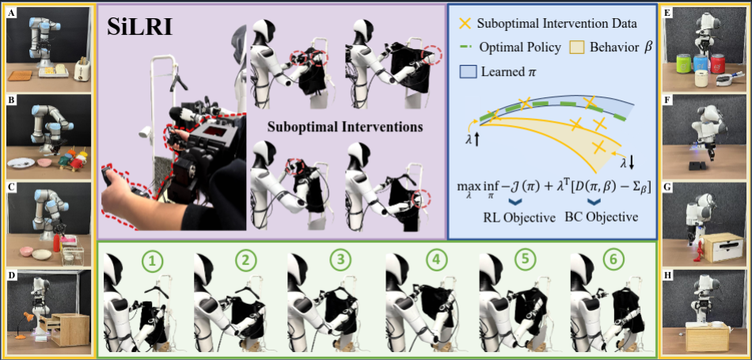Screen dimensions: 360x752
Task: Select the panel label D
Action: click(10, 275)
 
